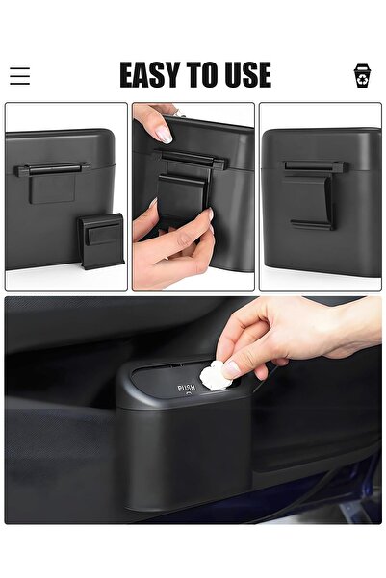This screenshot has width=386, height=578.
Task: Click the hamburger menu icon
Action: pos(19,76)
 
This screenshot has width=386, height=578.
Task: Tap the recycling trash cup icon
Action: pos(363,76)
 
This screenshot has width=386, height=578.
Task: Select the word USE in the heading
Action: pos(244,75)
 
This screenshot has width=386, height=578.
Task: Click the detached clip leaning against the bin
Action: pos(101,240)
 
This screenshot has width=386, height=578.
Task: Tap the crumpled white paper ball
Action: pos(215,375)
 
